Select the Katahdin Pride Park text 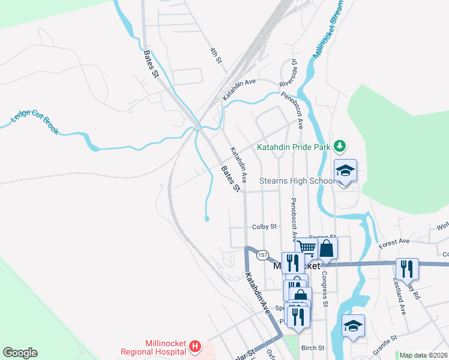point(294,146)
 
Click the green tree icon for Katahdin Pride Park point(340,145)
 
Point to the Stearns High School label point(297,181)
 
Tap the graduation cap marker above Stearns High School point(345,171)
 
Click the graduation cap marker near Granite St point(353,326)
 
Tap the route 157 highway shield point(262,255)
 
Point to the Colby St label point(264,227)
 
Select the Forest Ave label point(394,242)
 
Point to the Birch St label point(313,348)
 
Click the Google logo point(20,353)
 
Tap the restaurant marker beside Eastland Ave point(408,270)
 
